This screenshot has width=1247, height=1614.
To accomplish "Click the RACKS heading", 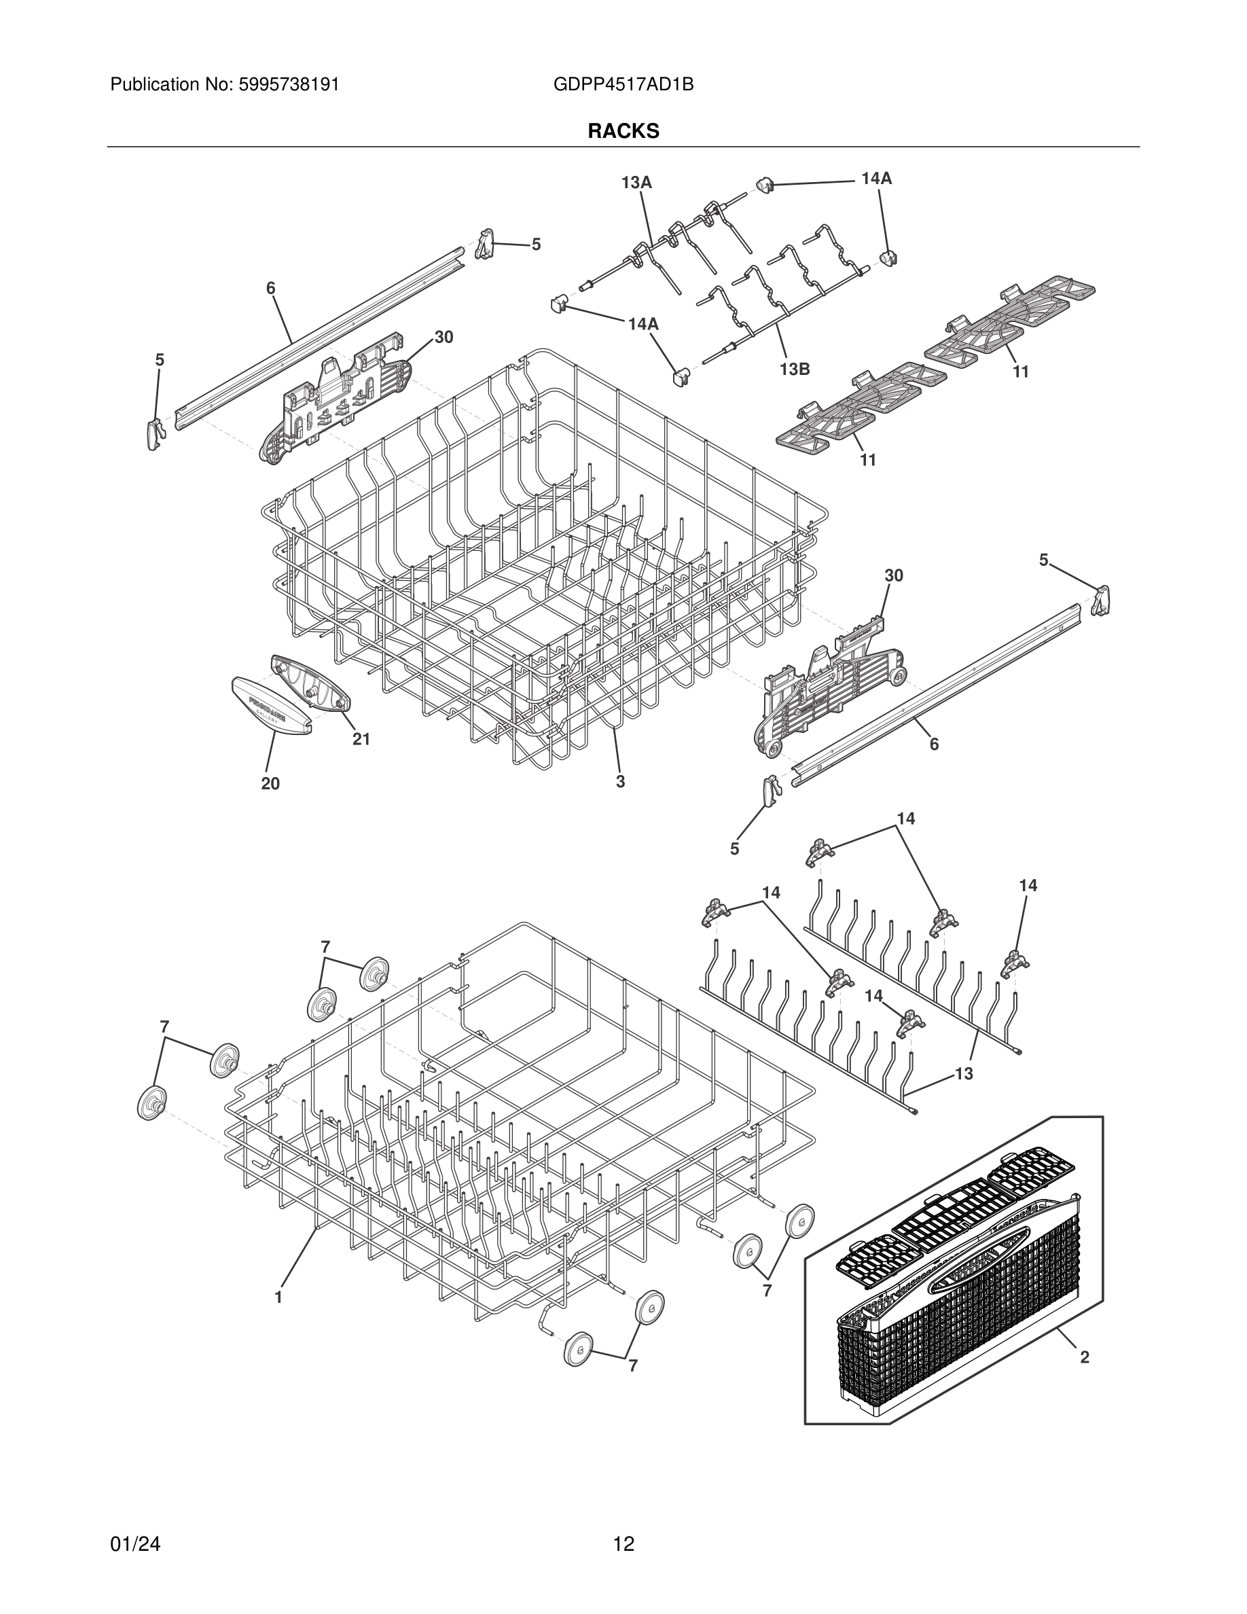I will pos(623,131).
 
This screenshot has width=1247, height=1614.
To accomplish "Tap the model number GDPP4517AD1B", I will pos(623,85).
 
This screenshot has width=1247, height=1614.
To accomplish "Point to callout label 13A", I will pos(636,183).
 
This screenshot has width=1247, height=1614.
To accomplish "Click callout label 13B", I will pos(794,369).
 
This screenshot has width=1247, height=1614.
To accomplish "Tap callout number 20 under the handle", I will pos(270,783).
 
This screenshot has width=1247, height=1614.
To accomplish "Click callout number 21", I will pos(361,738).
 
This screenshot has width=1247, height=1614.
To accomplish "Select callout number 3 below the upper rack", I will pos(621,781).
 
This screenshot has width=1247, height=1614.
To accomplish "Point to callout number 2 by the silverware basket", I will pos(1085,1357).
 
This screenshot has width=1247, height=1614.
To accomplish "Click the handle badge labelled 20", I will pos(271,706).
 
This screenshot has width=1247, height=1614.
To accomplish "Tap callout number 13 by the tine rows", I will pos(964,1073).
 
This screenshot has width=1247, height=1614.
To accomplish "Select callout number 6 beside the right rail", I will pos(934,745).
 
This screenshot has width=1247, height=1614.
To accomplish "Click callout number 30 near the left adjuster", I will pos(444,337).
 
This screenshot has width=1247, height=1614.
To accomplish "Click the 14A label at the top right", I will pos(876,178).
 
